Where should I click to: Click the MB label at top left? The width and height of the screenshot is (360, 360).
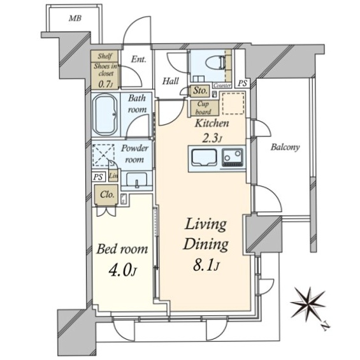pyautogui.click(x=75, y=18)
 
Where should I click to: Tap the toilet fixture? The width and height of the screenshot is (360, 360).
pyautogui.click(x=215, y=62)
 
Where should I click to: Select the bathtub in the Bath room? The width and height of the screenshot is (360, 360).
pyautogui.click(x=105, y=115)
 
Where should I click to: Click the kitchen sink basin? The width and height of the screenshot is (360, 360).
pyautogui.click(x=205, y=157)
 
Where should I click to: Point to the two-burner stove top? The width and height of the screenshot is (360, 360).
pyautogui.click(x=233, y=157)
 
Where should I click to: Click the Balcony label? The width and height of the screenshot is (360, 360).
pyautogui.click(x=285, y=147)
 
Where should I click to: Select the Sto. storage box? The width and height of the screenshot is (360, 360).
pyautogui.click(x=200, y=91)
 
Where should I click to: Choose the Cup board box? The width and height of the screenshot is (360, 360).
pyautogui.click(x=203, y=108)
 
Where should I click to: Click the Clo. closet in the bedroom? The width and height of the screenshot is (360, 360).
pyautogui.click(x=107, y=195)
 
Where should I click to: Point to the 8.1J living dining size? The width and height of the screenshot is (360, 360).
pyautogui.click(x=205, y=266)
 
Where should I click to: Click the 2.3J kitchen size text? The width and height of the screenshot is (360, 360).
pyautogui.click(x=212, y=138)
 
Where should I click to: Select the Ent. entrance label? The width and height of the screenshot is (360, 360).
pyautogui.click(x=138, y=60)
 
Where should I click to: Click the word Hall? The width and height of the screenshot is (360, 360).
pyautogui.click(x=170, y=81)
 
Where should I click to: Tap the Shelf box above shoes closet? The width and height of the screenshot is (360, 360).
pyautogui.click(x=104, y=56)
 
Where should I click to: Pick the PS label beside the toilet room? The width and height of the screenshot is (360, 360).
pyautogui.click(x=242, y=83)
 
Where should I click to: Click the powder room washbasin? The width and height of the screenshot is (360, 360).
pyautogui.click(x=137, y=180)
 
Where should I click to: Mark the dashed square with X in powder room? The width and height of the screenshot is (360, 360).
pyautogui.click(x=104, y=155)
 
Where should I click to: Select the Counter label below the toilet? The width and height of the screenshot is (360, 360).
pyautogui.click(x=222, y=85)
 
